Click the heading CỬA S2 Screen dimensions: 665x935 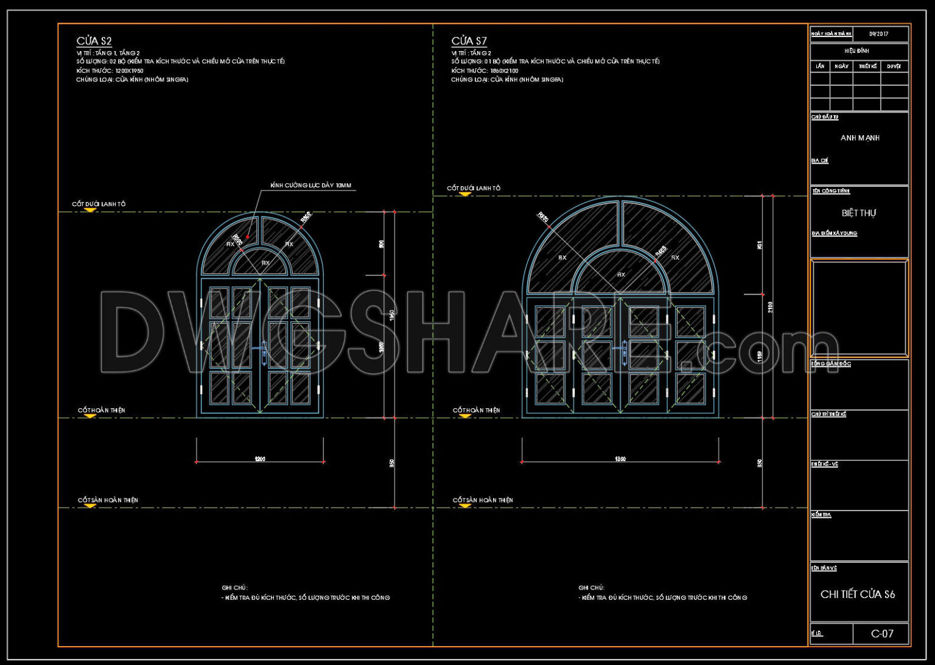(x=94, y=41)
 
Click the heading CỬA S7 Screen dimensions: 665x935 (x=469, y=41)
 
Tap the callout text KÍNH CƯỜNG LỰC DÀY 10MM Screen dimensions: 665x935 (x=310, y=186)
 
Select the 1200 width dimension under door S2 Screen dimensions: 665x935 (x=260, y=459)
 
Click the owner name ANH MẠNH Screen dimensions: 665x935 (x=860, y=138)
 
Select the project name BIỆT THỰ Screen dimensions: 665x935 (x=859, y=213)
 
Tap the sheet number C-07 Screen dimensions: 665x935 (x=882, y=634)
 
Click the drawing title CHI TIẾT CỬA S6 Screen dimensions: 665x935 (x=858, y=594)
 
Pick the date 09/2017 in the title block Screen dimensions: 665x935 (x=878, y=34)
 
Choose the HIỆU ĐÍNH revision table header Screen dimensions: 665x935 (x=856, y=51)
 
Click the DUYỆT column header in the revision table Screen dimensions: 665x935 (x=894, y=66)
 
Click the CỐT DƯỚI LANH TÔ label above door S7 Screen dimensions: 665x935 (x=474, y=189)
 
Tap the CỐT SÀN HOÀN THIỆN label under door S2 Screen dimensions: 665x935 (x=108, y=500)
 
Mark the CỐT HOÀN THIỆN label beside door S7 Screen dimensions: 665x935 (x=476, y=411)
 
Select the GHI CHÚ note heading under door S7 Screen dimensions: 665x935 (x=591, y=588)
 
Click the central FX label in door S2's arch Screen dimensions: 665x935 (x=265, y=263)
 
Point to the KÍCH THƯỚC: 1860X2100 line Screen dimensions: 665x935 (x=485, y=71)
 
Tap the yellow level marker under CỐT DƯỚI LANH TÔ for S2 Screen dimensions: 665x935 (x=90, y=210)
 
